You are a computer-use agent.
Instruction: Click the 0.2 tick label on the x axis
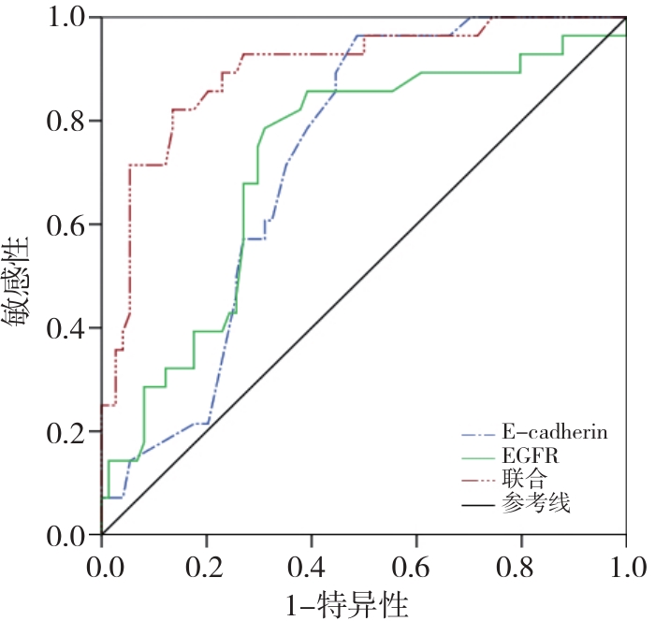205,566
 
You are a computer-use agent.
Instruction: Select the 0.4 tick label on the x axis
310,566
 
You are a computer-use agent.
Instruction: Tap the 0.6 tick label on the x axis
415,566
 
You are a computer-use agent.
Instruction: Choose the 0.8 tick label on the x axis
520,566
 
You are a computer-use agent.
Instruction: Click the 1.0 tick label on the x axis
625,566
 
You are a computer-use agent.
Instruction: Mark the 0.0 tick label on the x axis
100,566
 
